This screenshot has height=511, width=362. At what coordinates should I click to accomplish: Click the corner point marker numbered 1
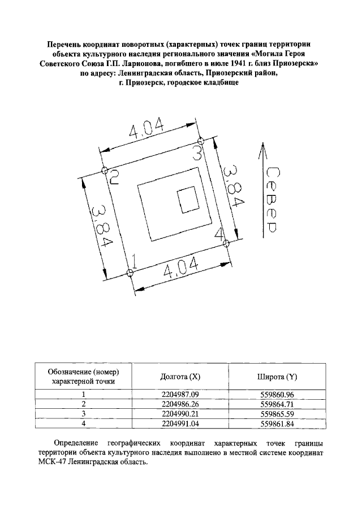(x=130, y=273)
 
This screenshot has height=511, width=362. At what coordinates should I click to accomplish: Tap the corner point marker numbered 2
(x=105, y=170)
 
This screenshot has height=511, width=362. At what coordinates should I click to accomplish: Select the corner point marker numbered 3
(x=200, y=141)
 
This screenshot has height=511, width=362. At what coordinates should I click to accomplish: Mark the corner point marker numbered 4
(x=225, y=243)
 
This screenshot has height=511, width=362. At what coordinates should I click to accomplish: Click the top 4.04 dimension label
(x=146, y=130)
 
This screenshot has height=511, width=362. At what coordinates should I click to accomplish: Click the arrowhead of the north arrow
(x=261, y=149)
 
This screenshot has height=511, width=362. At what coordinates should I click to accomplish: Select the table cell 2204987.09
(x=181, y=395)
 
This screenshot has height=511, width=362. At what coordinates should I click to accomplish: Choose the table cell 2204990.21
(x=181, y=414)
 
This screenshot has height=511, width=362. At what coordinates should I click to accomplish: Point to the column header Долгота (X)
(x=180, y=377)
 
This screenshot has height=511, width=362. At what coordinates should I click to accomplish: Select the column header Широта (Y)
(x=278, y=377)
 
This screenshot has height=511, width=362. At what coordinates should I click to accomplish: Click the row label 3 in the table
(x=83, y=414)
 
